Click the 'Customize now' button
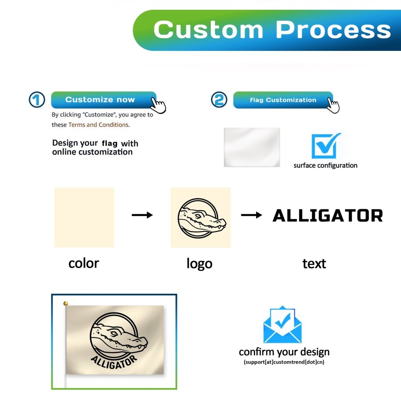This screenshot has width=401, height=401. coord(103,100)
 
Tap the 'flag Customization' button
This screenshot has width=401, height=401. coord(283,100)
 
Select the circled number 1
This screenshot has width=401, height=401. coord(37,99)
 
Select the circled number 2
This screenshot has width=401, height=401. coord(219,99)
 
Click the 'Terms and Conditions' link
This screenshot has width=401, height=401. coord(99,125)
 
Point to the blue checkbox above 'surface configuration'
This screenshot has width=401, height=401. coord(326,146)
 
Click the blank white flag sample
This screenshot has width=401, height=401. coord(252,147)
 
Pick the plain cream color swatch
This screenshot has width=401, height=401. coord(85,218)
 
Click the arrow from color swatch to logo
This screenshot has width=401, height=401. coord(142,215)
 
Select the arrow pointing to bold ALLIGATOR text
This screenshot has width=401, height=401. coord(252,215)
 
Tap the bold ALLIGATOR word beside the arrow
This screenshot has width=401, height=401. coord(328,215)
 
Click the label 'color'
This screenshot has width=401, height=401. coord(84,264)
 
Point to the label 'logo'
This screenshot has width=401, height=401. coord(199,264)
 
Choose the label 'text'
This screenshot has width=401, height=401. coord(314,264)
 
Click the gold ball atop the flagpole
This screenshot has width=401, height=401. coord(66,303)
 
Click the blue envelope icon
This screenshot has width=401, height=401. coord(283,324)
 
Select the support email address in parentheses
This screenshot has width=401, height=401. coord(284,362)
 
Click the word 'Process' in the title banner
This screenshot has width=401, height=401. coord(333,30)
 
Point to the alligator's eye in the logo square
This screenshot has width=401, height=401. coord(198,216)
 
